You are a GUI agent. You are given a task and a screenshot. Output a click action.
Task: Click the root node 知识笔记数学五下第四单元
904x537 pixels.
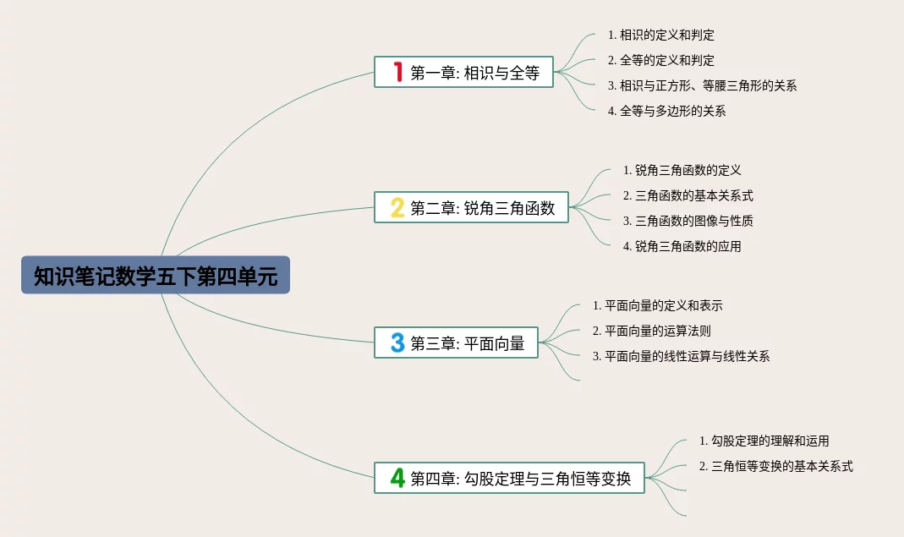(x=156, y=275)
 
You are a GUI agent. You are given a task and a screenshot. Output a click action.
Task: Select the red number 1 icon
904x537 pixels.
(x=397, y=72)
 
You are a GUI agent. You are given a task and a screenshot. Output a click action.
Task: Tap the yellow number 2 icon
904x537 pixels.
(x=397, y=208)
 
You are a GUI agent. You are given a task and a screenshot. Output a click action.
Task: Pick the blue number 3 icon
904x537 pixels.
(x=397, y=342)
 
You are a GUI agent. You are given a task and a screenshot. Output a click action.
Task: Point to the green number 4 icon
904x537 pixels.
(x=397, y=478)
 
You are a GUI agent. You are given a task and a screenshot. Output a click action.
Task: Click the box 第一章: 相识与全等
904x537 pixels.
(x=463, y=72)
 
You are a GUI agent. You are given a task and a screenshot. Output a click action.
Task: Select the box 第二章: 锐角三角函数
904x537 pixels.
(x=471, y=207)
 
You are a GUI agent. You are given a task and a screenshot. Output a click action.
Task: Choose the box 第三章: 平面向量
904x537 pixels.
(x=456, y=342)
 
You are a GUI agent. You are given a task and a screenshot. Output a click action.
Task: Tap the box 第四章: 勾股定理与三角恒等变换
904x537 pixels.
(x=509, y=478)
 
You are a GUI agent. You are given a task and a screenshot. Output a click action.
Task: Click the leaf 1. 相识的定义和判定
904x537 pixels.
(x=660, y=36)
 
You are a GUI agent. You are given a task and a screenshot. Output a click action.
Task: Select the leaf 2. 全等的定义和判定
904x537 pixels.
(x=660, y=61)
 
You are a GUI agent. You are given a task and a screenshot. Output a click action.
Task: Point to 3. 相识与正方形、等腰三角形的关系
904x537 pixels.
(x=702, y=86)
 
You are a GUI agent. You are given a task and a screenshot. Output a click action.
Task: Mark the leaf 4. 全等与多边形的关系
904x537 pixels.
(x=666, y=112)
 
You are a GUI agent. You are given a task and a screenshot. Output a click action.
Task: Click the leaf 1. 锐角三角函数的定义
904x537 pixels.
(x=682, y=170)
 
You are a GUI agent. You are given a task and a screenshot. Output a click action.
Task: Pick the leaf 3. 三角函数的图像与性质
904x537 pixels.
(x=688, y=221)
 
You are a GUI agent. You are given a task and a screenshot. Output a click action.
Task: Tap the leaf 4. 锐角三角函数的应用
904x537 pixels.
(x=682, y=246)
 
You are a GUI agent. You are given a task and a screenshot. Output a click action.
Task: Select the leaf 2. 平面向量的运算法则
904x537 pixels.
(x=651, y=332)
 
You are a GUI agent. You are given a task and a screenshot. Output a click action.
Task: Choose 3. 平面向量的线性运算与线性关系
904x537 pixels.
(x=681, y=357)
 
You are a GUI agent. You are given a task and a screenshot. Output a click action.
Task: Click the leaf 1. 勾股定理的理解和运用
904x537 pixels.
(x=764, y=441)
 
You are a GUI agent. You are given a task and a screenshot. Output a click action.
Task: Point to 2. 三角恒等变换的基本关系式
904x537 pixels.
(x=776, y=467)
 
